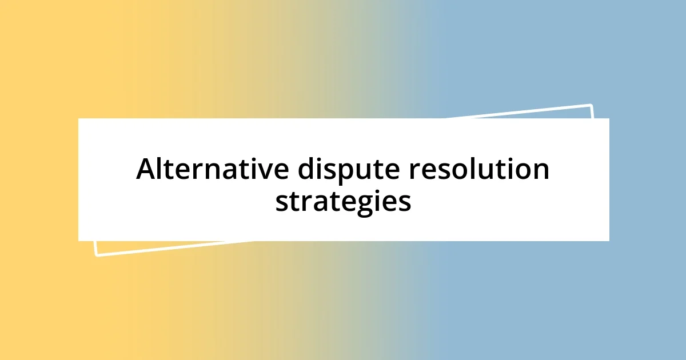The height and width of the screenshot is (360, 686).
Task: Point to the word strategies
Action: click(343, 201)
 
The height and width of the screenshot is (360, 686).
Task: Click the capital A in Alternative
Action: click(146, 170)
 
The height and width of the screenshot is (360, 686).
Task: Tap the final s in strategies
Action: click(404, 202)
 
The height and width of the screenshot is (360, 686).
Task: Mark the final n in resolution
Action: click(541, 171)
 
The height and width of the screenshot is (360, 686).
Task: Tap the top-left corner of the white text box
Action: click(78, 118)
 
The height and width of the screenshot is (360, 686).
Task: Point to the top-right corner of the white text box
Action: click(609, 118)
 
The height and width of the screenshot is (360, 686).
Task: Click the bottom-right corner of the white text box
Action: click(609, 241)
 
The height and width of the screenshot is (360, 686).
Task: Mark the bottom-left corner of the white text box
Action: click(78, 241)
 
